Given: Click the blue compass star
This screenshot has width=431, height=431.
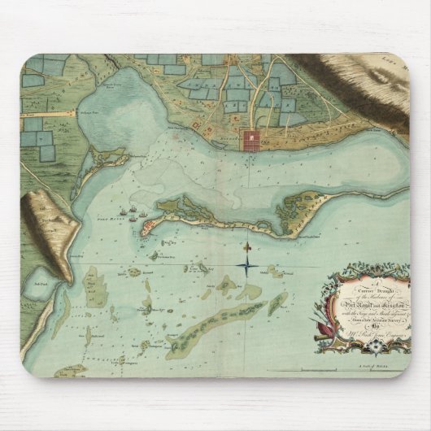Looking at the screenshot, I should pos(246,264).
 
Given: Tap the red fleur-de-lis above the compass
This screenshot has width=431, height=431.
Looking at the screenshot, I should pos(246,246).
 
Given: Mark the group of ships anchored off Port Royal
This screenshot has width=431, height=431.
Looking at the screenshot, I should pos(132,216).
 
